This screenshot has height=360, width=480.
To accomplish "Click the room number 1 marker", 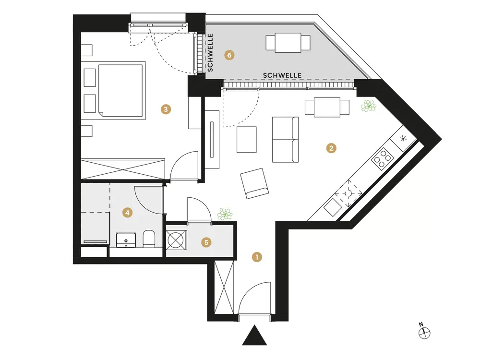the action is pyautogui.click(x=257, y=257).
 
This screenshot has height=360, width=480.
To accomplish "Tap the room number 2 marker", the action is pyautogui.click(x=330, y=148).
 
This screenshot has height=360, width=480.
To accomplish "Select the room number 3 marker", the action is pyautogui.click(x=166, y=110).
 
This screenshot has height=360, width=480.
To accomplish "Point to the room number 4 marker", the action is pyautogui.click(x=127, y=212).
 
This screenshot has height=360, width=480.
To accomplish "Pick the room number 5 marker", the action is pyautogui.click(x=206, y=242).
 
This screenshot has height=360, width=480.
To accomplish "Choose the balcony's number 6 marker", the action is pyautogui.click(x=229, y=56).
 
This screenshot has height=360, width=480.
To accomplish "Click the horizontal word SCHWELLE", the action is pyautogui.click(x=282, y=75).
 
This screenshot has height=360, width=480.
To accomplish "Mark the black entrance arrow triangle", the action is pyautogui.click(x=254, y=336).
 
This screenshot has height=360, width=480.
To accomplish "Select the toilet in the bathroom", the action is pyautogui.click(x=149, y=238).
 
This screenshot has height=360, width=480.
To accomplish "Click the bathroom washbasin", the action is pyautogui.click(x=128, y=239).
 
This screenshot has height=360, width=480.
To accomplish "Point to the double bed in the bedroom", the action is pyautogui.click(x=120, y=89).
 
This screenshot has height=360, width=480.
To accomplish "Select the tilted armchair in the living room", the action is pyautogui.click(x=254, y=183).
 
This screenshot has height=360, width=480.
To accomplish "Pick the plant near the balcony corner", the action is pyautogui.click(x=369, y=106).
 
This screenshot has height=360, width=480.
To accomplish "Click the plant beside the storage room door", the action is pyautogui.click(x=224, y=214).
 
